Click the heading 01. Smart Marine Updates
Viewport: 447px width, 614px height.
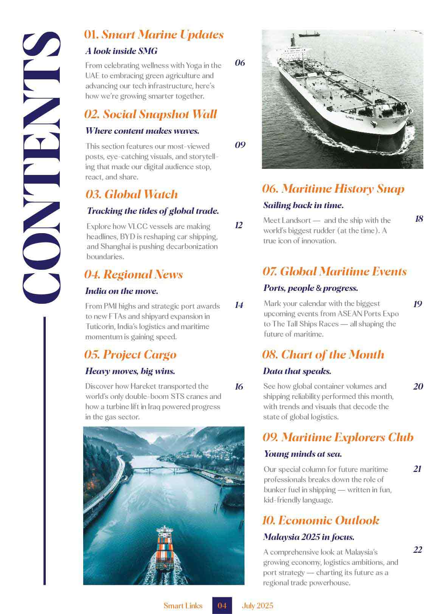[154, 35]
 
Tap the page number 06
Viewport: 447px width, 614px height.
[240, 63]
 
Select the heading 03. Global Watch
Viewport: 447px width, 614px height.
[132, 194]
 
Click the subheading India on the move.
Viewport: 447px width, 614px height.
[122, 291]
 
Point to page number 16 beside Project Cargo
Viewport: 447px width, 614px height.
[239, 387]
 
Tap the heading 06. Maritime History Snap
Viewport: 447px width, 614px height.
[333, 189]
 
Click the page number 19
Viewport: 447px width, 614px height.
[418, 304]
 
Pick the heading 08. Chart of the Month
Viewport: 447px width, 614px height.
[323, 354]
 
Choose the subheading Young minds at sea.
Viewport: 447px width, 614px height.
[303, 454]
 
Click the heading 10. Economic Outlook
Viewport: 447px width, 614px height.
[321, 520]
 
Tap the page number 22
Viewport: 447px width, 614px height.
[417, 550]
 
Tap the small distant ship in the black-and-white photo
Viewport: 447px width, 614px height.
[309, 34]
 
